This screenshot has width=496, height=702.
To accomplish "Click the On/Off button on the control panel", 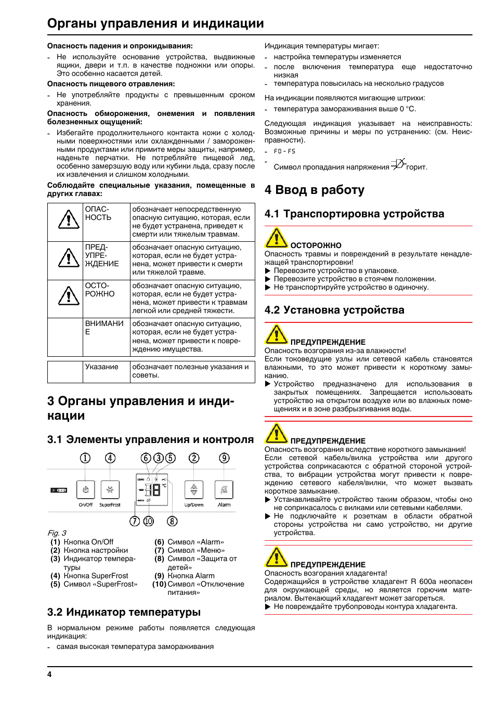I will pos(85,490).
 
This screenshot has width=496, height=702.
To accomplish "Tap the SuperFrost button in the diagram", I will pos(110,490).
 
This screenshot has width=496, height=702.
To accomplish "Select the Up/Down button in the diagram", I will pos(194,490).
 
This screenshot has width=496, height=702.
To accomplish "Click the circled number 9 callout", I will pos(224,458).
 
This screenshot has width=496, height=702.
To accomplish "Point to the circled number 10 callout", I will pos(149,521).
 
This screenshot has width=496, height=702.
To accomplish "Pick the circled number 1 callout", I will pos(85,458).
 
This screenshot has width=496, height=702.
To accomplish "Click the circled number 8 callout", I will pos(172,521).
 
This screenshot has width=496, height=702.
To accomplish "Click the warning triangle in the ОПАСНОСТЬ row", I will pos(69,220).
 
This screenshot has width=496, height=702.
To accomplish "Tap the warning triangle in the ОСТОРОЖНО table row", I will pos(69,296).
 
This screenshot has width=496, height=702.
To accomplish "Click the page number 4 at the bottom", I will pos(49,674).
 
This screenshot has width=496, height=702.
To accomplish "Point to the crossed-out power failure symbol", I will pos(398,164).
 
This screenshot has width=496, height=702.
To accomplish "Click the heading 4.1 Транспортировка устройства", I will pos(354,214).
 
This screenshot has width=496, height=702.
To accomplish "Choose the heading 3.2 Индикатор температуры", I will pos(124,612).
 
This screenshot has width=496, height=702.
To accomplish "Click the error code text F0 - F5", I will pos(284,151).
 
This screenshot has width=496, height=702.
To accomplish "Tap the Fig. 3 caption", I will pos(57,533).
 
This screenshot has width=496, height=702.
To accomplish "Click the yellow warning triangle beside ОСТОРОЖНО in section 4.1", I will pos(276,238).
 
